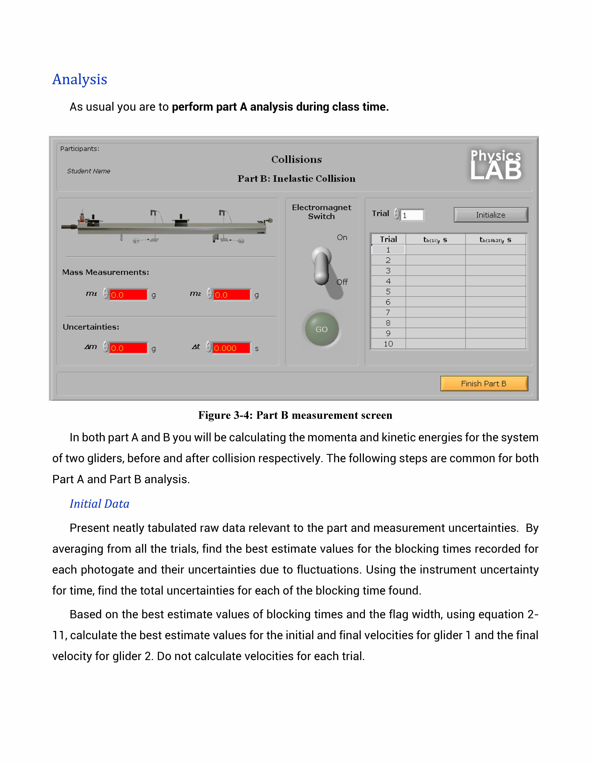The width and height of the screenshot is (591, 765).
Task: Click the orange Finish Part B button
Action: (x=484, y=384)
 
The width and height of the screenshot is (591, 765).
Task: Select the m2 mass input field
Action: (x=232, y=295)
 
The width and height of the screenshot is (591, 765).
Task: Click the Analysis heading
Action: (x=80, y=79)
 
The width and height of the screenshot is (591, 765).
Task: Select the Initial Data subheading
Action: (x=99, y=504)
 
